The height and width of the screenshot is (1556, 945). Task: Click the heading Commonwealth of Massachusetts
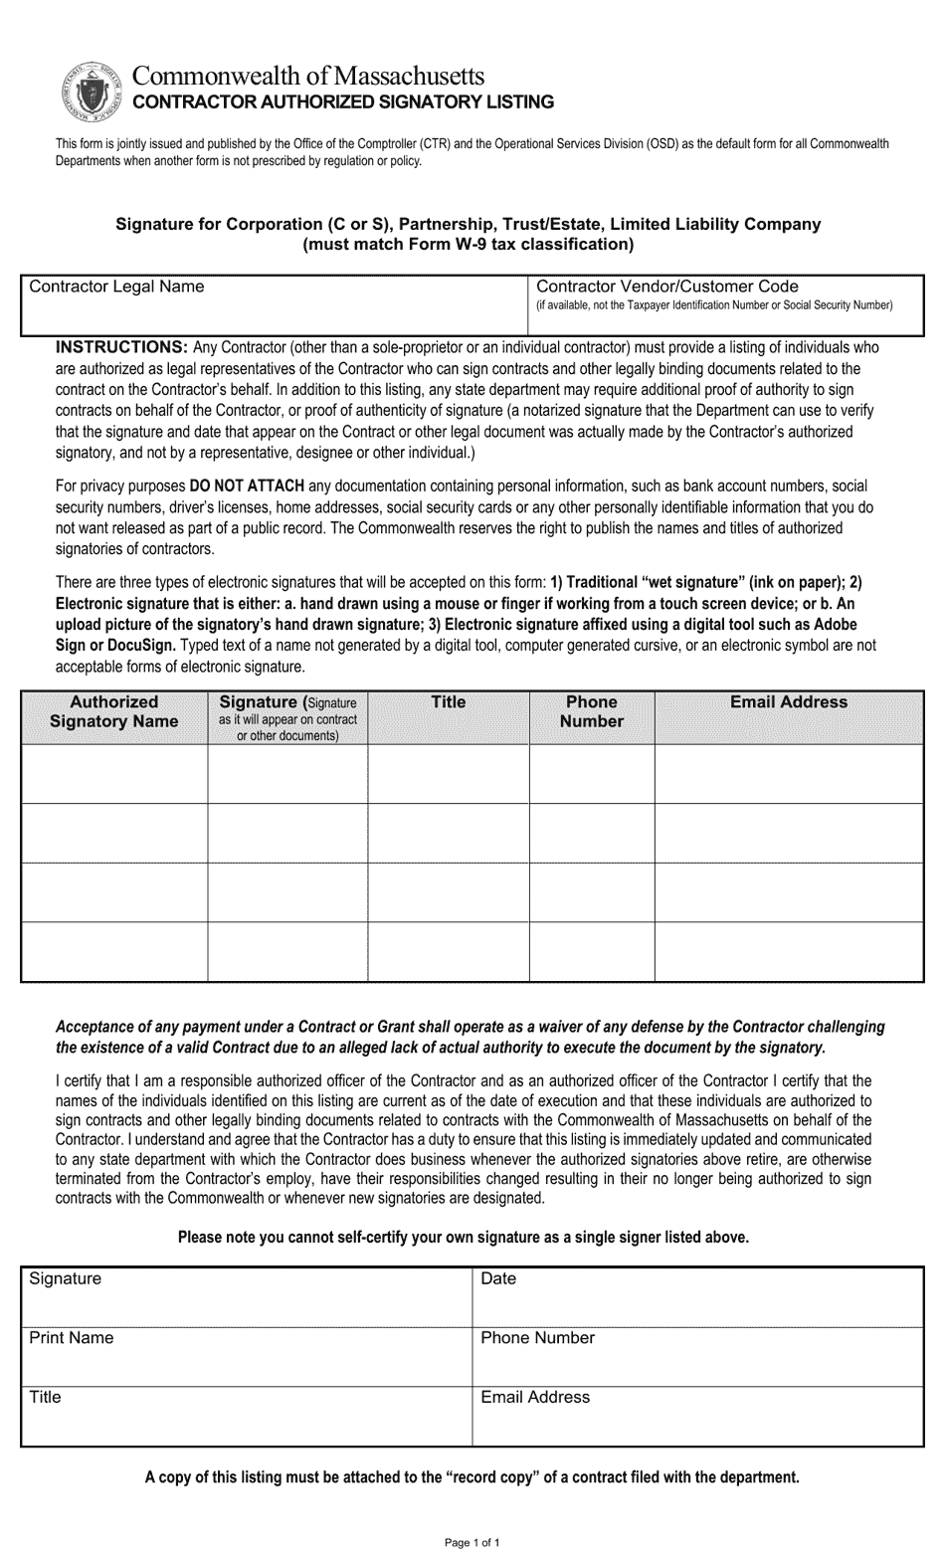(x=309, y=76)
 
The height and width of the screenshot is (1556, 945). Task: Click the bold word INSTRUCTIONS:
(x=121, y=347)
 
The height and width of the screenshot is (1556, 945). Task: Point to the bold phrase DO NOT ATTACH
(x=247, y=486)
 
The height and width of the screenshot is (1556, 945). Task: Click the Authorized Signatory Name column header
(x=113, y=712)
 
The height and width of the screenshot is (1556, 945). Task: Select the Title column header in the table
(x=448, y=702)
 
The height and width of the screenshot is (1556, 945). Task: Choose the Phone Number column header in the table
(x=591, y=712)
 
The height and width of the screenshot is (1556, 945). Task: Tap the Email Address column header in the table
(x=789, y=702)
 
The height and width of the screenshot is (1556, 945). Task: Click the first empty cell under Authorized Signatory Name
(x=113, y=773)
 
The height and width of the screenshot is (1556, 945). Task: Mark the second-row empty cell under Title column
(x=448, y=833)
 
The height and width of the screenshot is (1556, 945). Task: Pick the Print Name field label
(x=72, y=1338)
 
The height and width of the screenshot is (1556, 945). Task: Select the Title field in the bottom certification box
(x=245, y=1415)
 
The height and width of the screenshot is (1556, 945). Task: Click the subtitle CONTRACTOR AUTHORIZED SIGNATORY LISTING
(x=344, y=101)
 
